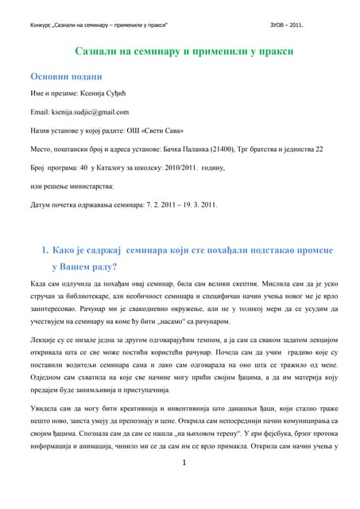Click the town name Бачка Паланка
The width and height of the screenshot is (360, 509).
(x=198, y=149)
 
